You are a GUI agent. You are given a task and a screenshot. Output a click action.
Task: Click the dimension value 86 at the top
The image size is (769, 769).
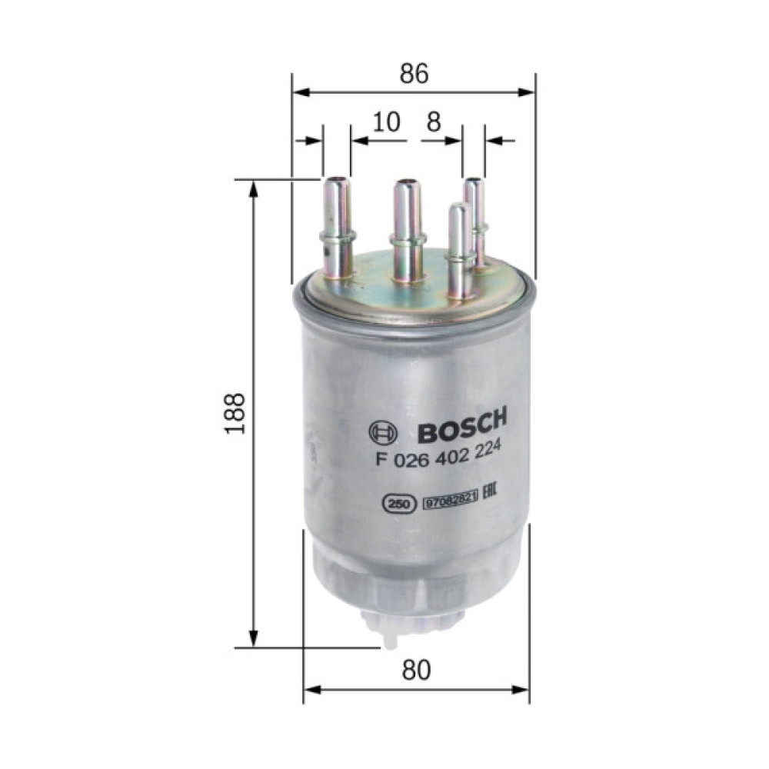tap(414, 73)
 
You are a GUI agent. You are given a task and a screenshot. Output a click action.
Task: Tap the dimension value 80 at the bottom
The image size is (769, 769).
tap(416, 671)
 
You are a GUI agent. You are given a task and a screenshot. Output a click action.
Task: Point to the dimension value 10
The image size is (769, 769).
tap(388, 122)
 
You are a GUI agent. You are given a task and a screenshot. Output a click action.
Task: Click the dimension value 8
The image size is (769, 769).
tap(434, 122)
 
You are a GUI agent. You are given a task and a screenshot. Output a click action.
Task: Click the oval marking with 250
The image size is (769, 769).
tap(397, 504)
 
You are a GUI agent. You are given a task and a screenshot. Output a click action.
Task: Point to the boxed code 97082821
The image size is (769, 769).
tap(450, 502)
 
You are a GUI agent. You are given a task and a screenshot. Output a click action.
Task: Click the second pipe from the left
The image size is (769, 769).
tap(407, 231)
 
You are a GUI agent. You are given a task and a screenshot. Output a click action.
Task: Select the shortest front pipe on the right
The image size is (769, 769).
tap(458, 250)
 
